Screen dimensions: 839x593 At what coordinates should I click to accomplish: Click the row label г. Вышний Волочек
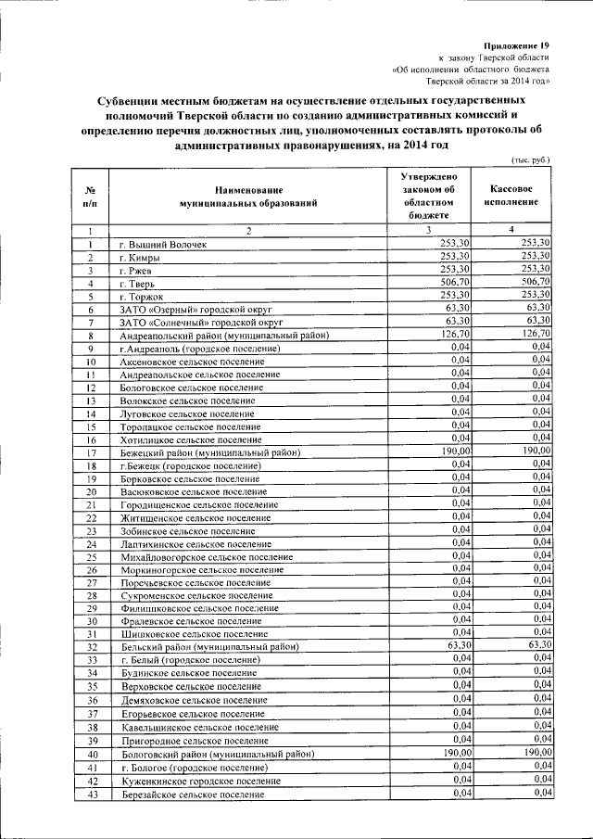click(164, 244)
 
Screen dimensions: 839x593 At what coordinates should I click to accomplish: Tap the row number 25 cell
click(92, 556)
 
